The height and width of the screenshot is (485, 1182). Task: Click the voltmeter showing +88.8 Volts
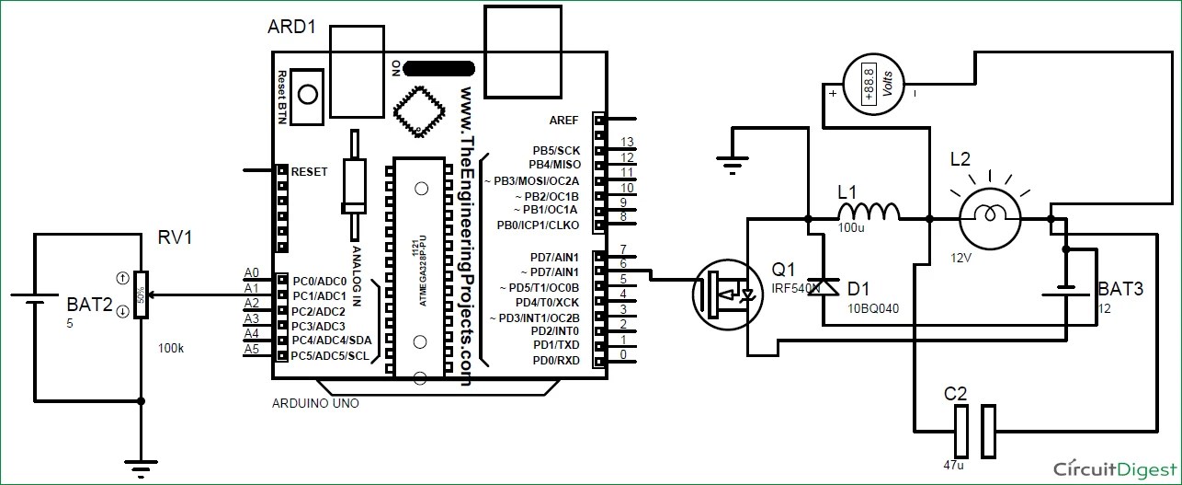pyautogui.click(x=873, y=85)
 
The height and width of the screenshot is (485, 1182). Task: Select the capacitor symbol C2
pyautogui.click(x=974, y=432)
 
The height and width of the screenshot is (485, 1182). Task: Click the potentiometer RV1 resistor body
pyautogui.click(x=141, y=295)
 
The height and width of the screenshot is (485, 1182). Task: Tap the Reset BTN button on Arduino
pyautogui.click(x=308, y=96)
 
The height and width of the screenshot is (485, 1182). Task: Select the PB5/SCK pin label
pyautogui.click(x=556, y=149)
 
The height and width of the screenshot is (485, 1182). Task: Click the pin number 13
pyautogui.click(x=628, y=142)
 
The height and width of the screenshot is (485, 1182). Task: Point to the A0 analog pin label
pyautogui.click(x=252, y=272)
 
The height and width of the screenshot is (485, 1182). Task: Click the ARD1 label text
pyautogui.click(x=291, y=28)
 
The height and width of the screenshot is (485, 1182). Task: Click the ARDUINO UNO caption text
pyautogui.click(x=315, y=403)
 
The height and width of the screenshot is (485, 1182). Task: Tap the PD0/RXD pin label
pyautogui.click(x=556, y=361)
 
